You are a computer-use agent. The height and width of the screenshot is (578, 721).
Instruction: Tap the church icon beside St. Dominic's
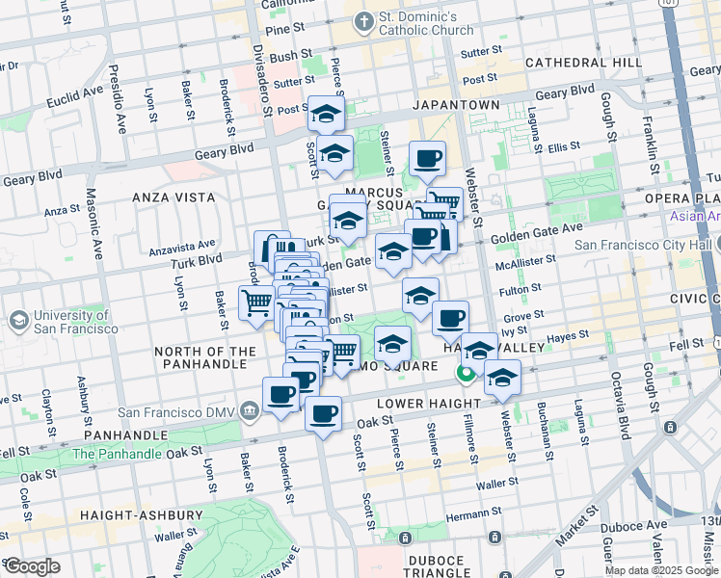coord(364,20)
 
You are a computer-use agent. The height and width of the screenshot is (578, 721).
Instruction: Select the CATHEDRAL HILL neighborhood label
coord(583,63)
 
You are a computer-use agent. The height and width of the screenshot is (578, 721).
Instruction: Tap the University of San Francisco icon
coord(18,319)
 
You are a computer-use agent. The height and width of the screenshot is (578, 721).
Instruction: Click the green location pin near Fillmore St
coord(465,371)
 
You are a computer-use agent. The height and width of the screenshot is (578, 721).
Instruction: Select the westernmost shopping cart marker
coord(256,302)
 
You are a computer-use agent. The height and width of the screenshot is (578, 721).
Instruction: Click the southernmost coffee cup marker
coord(323,415)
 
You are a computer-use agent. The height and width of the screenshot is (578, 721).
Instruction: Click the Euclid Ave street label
coord(78,95)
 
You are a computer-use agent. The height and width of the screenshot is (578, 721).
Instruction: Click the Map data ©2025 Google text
coord(661,570)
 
